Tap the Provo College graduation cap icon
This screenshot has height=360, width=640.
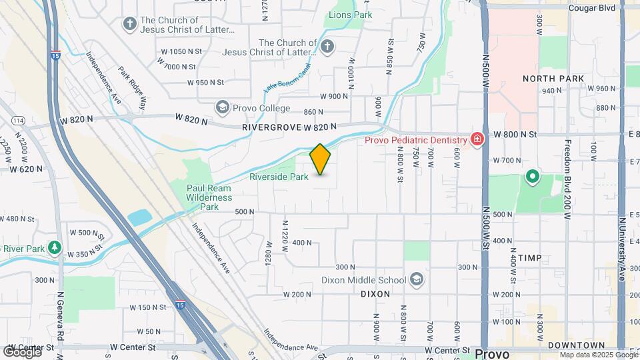point(221,107)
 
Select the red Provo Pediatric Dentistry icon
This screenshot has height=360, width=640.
point(477,139)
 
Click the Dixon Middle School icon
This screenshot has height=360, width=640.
point(417,279)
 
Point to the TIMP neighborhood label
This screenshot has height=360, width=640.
point(529,258)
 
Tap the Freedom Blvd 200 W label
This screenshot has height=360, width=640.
point(568,180)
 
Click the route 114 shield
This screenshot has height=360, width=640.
point(19,121)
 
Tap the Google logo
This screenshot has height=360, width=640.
point(21,351)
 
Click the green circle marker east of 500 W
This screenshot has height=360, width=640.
point(532,177)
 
